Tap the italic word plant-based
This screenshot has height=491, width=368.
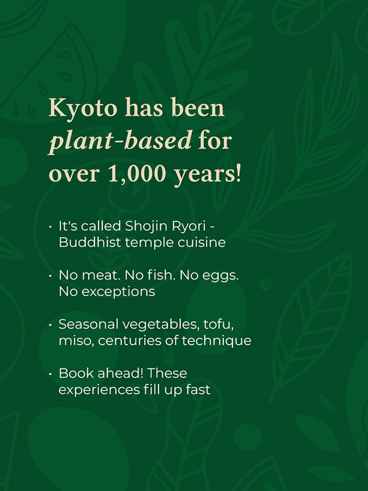coord(120,141)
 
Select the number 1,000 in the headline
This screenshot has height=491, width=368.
coord(137,174)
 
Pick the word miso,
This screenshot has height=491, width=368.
coord(76,341)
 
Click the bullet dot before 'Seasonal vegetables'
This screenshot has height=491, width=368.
coord(50,325)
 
